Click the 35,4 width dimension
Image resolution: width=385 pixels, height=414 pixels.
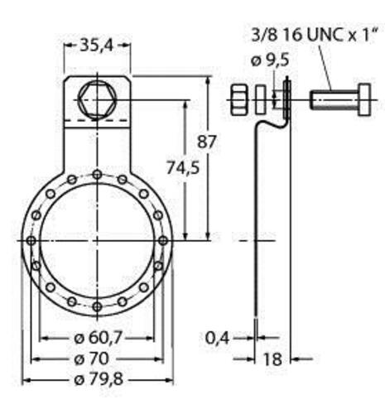click(97, 46)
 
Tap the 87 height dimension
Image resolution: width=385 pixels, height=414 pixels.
click(206, 142)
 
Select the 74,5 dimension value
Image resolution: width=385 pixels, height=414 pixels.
click(183, 168)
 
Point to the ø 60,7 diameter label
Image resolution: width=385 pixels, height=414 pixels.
click(98, 338)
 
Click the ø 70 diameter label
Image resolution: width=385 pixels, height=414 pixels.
click(92, 359)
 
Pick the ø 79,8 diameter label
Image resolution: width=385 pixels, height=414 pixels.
click(99, 380)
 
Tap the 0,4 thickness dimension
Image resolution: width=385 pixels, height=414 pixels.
click(217, 338)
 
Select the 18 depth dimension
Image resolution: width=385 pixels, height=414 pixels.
click(272, 359)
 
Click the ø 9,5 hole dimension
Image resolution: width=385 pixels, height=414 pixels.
click(270, 60)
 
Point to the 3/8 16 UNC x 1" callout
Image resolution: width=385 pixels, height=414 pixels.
click(315, 35)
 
